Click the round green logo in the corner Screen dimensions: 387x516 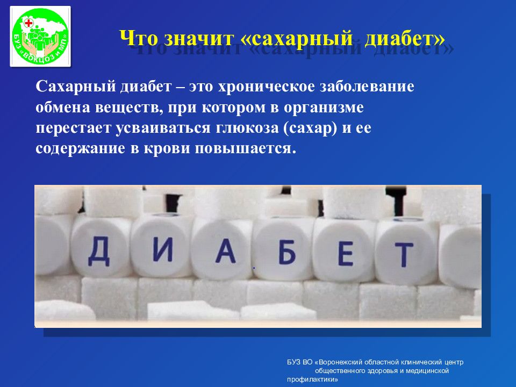[40, 37]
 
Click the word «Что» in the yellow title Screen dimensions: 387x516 [136, 39]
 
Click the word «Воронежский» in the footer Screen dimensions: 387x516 [346, 362]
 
